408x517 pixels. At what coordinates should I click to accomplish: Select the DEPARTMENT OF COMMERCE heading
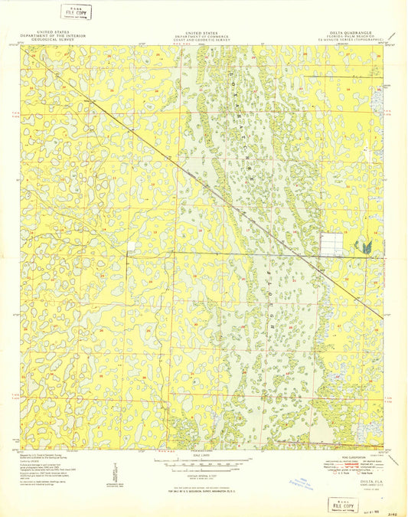(206, 35)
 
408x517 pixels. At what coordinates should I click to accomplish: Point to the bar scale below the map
(204, 463)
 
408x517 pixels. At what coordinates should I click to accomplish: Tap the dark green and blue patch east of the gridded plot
(367, 246)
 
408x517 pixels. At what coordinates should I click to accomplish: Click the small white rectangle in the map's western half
(131, 246)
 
